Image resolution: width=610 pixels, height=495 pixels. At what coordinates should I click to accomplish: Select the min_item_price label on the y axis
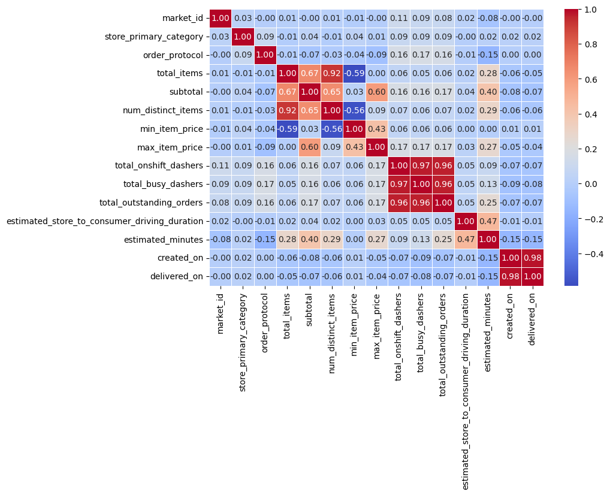coord(179,129)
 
